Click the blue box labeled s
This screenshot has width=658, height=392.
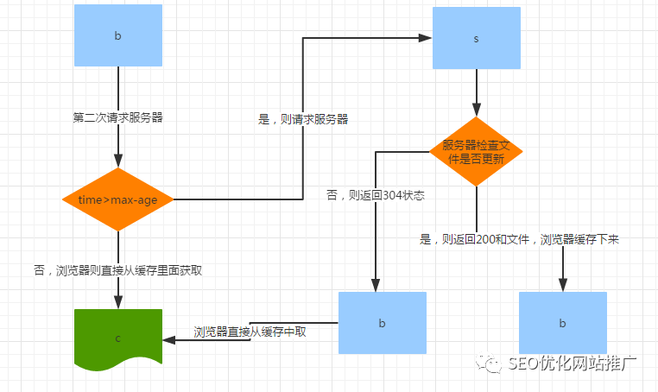476,39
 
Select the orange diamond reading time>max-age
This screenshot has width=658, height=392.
117,199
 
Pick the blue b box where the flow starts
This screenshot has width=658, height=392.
117,36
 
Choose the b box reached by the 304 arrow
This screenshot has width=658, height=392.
382,323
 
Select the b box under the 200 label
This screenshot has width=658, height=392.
562,323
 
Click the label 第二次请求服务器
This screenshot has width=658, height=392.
118,118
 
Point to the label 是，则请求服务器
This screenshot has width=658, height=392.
303,119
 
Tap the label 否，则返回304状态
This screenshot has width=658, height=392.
375,195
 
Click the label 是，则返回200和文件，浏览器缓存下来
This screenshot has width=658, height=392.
518,239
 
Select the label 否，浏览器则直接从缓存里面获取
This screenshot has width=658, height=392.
117,269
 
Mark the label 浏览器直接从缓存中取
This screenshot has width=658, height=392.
250,331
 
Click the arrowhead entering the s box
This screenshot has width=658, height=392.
426,38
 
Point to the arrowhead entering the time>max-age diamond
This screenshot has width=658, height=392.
117,161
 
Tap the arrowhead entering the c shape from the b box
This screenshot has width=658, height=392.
181,338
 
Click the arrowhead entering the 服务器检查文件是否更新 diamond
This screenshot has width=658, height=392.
474,111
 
